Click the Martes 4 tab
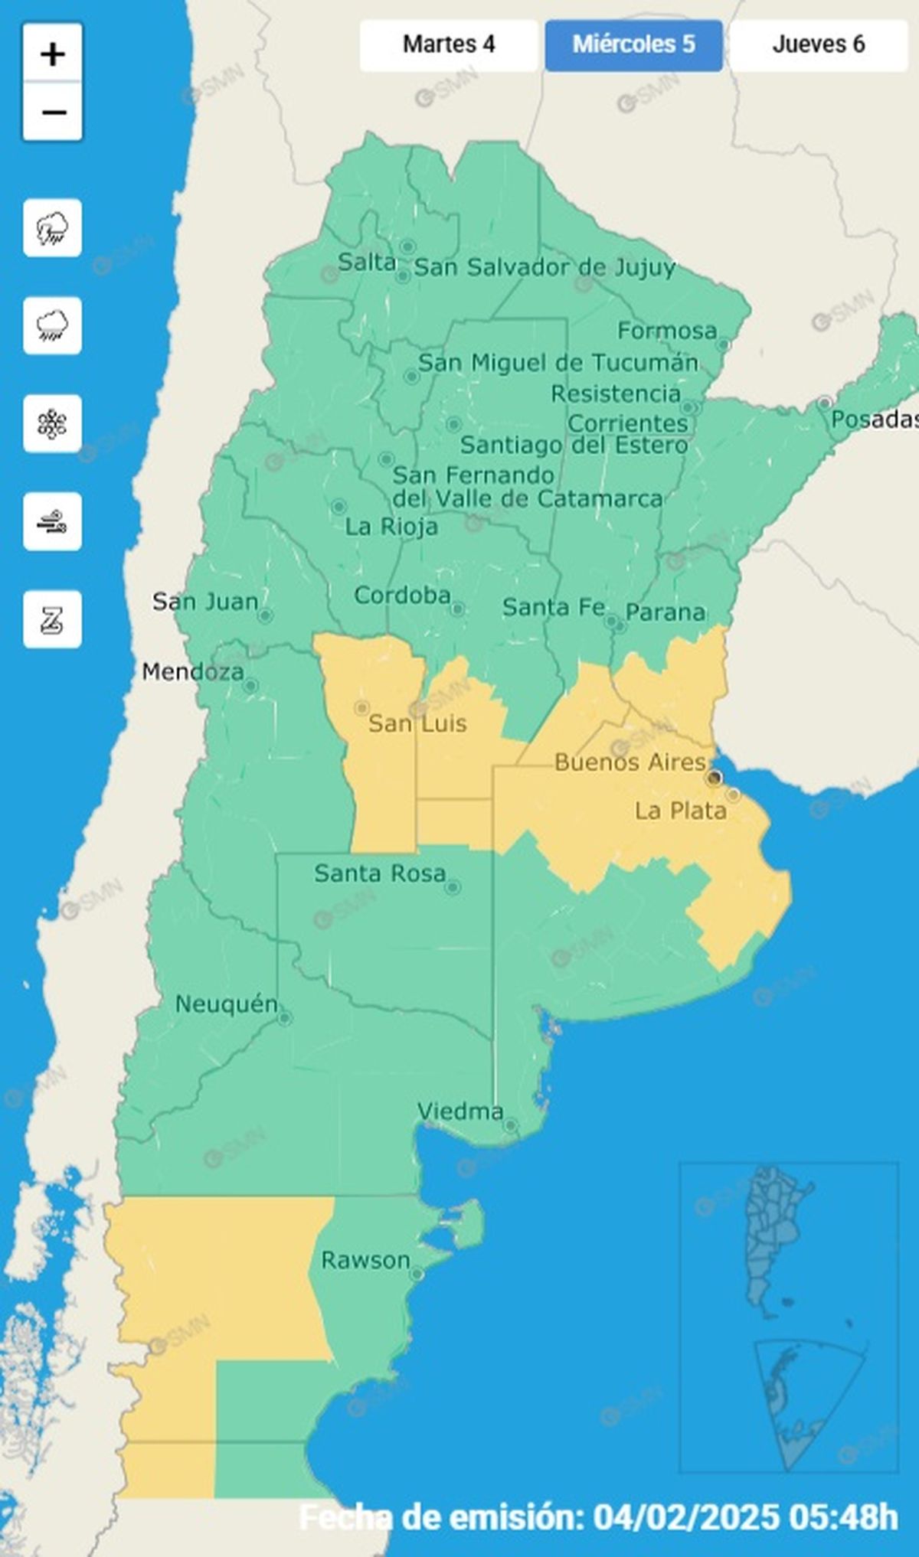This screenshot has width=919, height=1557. (449, 44)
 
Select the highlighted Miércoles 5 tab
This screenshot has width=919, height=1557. (633, 44)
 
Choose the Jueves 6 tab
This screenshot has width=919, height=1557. (818, 44)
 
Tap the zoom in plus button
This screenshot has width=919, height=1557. (52, 54)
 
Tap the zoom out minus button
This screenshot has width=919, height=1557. (52, 113)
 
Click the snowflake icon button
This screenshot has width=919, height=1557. (52, 423)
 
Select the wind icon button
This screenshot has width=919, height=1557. (52, 522)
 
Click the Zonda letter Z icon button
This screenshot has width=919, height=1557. (52, 619)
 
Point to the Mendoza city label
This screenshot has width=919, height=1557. (193, 672)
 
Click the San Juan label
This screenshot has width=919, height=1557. (204, 602)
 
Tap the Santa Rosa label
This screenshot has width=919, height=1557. (379, 873)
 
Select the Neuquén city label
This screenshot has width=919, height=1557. (226, 1004)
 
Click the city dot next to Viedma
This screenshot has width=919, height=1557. (511, 1126)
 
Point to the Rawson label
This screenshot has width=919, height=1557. (365, 1260)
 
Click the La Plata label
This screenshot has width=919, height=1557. (680, 811)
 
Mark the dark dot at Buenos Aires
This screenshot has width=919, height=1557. (715, 778)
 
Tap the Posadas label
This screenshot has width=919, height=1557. (874, 419)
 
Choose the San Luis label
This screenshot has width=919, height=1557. (417, 723)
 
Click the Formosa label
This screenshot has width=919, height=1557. (667, 331)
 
